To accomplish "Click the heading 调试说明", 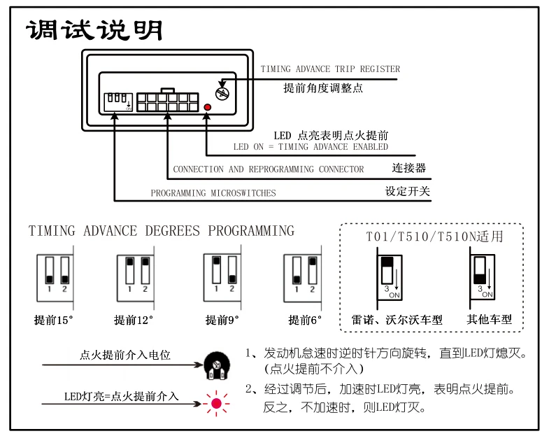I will click(94, 30).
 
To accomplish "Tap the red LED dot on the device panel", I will click(208, 107).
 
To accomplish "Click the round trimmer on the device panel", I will click(222, 91).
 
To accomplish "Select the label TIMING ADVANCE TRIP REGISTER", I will click(330, 69).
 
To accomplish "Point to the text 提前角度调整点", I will click(323, 88).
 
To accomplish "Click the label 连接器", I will click(409, 169).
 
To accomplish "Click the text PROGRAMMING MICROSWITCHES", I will click(213, 193).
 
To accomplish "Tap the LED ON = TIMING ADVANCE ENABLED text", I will click(311, 147).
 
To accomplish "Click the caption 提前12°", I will click(134, 321).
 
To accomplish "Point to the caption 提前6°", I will click(306, 321).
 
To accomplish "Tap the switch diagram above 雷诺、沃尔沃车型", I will click(389, 275).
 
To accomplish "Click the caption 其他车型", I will click(490, 320).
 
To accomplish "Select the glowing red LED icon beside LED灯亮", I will click(216, 404).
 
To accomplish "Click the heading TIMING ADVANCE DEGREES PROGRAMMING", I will click(162, 231).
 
